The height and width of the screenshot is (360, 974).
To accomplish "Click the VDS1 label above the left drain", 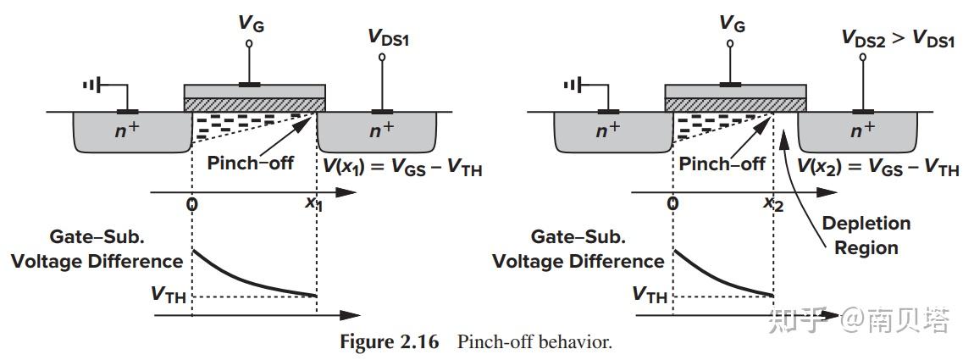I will [388, 37].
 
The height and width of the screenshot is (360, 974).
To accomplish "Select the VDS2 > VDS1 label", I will [897, 38].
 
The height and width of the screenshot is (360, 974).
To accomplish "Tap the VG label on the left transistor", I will [250, 24].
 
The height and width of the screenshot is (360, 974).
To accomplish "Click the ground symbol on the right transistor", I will [573, 85].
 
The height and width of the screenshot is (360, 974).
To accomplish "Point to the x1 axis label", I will [314, 203].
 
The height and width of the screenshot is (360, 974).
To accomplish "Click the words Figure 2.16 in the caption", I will [390, 342].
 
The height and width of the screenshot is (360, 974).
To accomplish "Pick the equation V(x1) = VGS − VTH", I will [397, 169].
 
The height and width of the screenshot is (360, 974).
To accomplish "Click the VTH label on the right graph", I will [650, 295].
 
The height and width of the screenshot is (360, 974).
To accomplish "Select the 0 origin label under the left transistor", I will [192, 204].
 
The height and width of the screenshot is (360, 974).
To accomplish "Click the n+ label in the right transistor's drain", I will [862, 130].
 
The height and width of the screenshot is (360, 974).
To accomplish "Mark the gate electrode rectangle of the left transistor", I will [254, 91].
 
